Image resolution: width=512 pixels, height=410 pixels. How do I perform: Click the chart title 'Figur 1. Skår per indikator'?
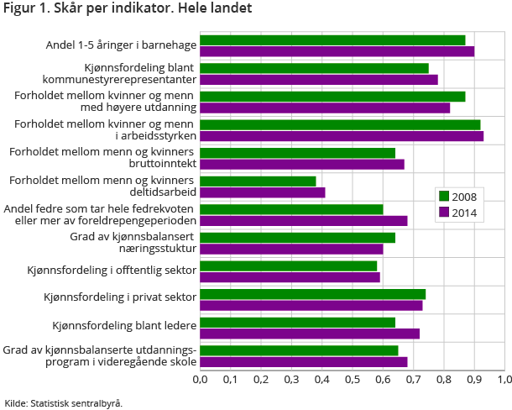(x=126, y=9)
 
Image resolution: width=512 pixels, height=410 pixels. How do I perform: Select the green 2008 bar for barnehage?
(x=332, y=40)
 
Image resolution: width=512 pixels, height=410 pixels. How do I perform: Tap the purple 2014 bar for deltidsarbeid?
(x=262, y=192)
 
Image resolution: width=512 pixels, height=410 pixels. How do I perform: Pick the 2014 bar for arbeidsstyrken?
(x=342, y=136)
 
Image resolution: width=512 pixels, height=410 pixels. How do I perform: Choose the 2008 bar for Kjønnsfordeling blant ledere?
(x=297, y=323)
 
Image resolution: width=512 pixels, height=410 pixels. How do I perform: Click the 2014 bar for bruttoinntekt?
(x=302, y=164)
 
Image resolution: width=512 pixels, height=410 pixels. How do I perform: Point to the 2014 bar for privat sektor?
(x=311, y=305)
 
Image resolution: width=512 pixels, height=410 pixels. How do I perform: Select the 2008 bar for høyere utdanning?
(x=332, y=97)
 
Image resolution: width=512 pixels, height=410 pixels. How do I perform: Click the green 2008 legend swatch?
(x=444, y=197)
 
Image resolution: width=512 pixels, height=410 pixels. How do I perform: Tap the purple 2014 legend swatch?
(x=444, y=213)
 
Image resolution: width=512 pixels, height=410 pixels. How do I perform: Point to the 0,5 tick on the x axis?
(x=353, y=379)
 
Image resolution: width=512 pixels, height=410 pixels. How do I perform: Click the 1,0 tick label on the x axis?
(x=504, y=379)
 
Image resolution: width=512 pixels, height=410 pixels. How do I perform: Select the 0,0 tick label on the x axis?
(x=200, y=379)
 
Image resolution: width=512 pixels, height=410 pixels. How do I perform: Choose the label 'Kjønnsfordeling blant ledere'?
(x=124, y=325)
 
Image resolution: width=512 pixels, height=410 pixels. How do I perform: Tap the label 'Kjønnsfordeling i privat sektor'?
(x=120, y=297)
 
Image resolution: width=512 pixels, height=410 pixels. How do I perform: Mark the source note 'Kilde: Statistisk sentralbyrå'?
(x=64, y=402)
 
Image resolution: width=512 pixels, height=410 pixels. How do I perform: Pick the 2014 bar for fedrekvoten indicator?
(x=303, y=221)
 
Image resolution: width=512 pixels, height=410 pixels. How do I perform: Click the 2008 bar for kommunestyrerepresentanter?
(x=314, y=68)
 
